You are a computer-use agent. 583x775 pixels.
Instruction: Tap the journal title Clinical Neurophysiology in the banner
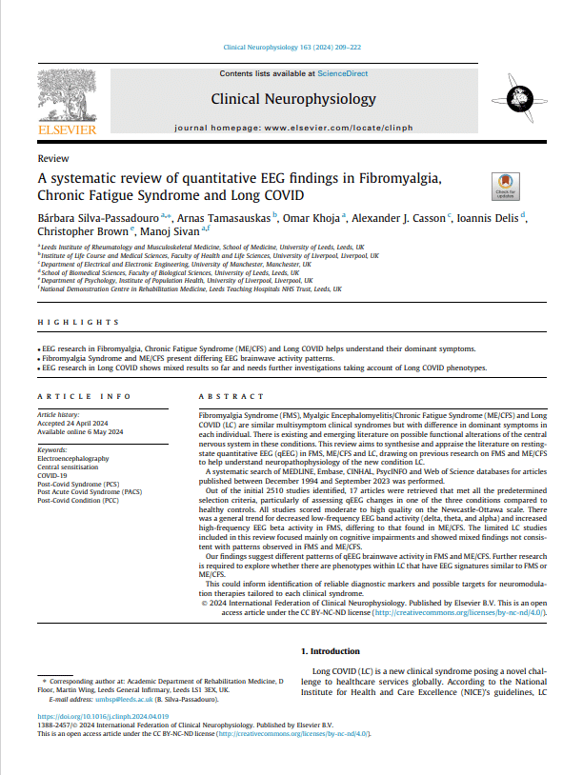292,99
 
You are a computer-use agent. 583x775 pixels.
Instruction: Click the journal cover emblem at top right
520,96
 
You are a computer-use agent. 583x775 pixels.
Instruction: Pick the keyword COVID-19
53,476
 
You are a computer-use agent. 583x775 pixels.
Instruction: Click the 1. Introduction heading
331,650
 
